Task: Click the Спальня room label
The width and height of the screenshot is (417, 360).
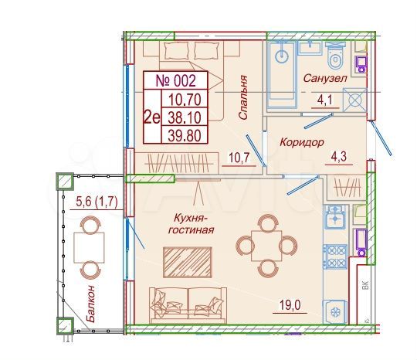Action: (x=242, y=96)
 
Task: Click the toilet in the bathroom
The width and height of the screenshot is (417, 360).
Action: (x=335, y=56)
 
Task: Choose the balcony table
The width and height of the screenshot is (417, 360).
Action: (x=90, y=246)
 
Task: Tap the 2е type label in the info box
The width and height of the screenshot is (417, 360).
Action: (x=152, y=118)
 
